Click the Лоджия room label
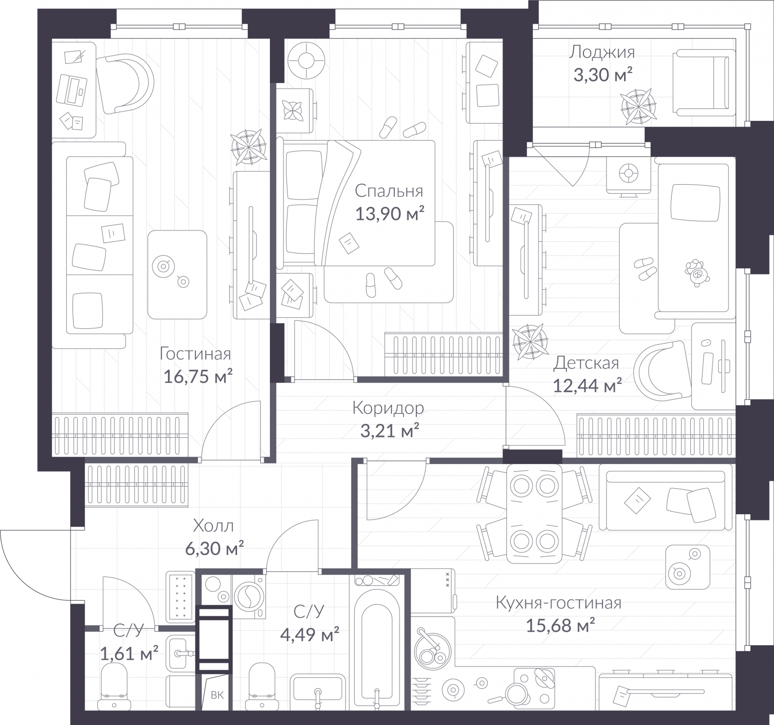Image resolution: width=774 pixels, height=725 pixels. [601, 52]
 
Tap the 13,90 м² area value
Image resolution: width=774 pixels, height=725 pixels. [390, 213]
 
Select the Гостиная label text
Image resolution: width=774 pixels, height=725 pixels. [195, 354]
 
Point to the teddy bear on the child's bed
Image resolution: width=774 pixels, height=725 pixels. [697, 273]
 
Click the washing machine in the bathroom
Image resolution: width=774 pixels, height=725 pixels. [250, 595]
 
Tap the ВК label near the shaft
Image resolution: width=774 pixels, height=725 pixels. [217, 696]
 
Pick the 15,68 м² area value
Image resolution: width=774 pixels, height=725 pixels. [560, 626]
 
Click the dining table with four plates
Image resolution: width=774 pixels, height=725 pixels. [534, 513]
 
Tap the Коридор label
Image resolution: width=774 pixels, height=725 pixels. [388, 408]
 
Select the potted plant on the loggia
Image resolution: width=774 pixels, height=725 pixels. [638, 107]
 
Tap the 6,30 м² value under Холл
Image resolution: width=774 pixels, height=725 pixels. [214, 549]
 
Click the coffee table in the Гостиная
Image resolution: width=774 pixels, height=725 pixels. [177, 274]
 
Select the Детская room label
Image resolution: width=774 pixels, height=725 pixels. [586, 362]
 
